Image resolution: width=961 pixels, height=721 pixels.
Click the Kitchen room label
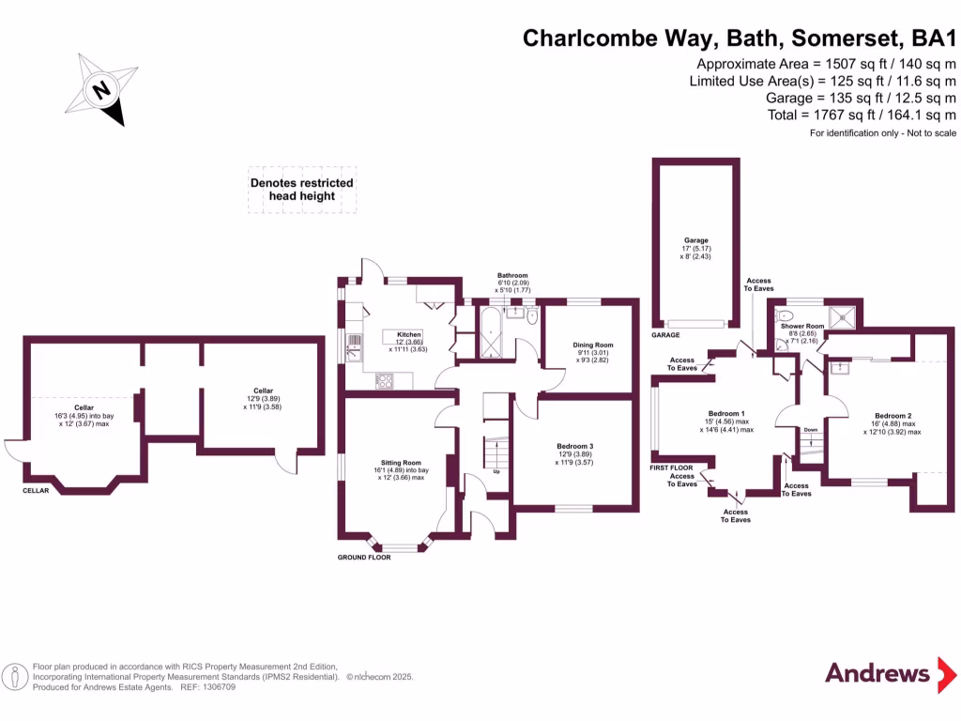408,335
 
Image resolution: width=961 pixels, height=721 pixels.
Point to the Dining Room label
593,345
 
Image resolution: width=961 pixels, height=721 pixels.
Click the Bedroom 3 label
574,447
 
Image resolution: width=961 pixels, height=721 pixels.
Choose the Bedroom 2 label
892,416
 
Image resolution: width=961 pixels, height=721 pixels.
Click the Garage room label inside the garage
695,240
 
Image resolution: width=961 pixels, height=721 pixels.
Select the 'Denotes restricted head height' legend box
302,189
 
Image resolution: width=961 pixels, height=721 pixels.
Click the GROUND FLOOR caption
364,557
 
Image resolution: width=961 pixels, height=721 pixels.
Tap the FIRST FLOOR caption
671,467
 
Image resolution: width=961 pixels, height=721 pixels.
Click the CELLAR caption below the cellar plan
37,490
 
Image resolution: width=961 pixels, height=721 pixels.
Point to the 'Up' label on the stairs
496,471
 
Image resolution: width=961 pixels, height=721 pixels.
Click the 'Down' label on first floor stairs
811,430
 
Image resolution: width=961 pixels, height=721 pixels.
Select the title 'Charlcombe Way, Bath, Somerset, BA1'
739,38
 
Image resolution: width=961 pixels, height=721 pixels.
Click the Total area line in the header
862,115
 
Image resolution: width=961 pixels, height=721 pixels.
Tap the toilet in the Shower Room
786,317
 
